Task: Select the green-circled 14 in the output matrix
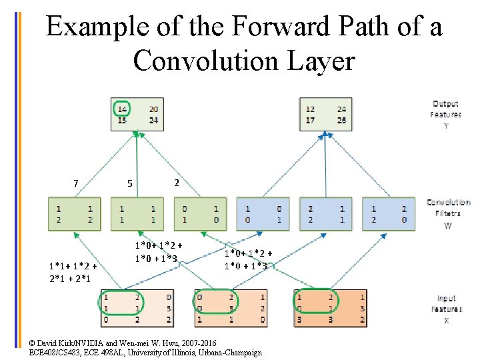point(122,109)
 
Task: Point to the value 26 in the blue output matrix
point(342,121)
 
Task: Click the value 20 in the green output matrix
point(153,109)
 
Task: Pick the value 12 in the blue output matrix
point(310,109)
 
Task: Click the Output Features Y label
point(445,114)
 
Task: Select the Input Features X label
point(446,309)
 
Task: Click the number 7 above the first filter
point(76,183)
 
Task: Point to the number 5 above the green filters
point(130,183)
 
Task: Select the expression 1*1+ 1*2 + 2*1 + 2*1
point(73,272)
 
